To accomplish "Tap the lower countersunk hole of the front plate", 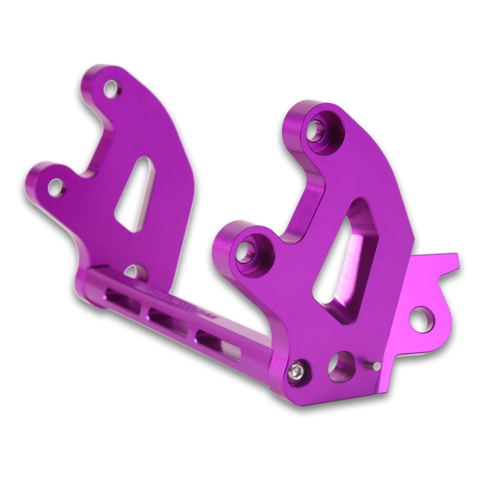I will click(x=248, y=252).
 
